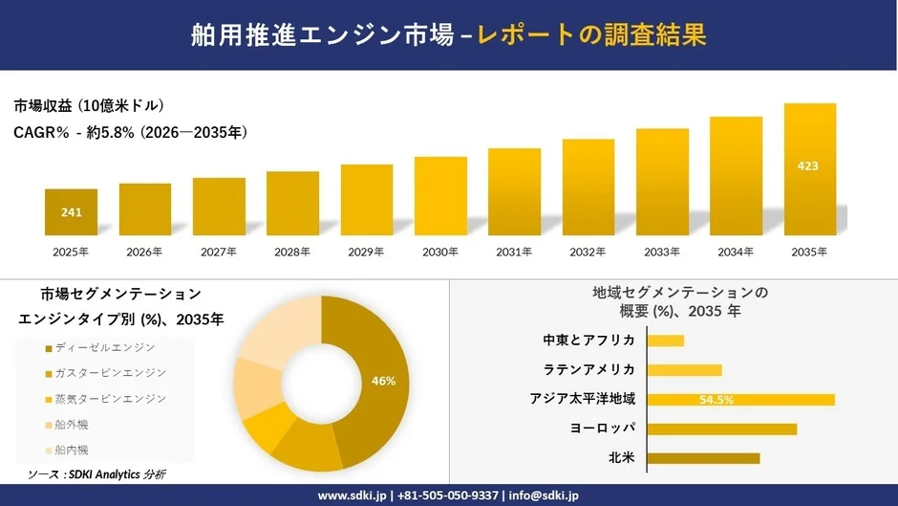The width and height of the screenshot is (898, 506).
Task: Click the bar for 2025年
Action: (x=71, y=212)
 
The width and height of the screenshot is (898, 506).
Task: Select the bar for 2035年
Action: (x=809, y=169)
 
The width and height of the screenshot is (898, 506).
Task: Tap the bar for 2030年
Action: (x=440, y=196)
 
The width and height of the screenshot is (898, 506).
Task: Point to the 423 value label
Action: (x=807, y=166)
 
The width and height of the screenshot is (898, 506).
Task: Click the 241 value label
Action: (x=71, y=212)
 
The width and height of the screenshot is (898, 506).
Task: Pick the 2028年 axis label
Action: (x=292, y=253)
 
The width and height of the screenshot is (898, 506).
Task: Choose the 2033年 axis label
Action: (x=662, y=253)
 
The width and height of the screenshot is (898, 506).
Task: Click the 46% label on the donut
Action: (x=383, y=381)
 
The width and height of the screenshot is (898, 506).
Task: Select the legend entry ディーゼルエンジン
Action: (x=104, y=347)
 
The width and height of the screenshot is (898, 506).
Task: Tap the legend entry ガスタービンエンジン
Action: (x=110, y=373)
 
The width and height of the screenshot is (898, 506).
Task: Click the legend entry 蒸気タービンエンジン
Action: (x=110, y=398)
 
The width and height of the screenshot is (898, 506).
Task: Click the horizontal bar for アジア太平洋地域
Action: (x=740, y=400)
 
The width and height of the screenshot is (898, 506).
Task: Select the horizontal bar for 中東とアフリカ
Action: (x=666, y=341)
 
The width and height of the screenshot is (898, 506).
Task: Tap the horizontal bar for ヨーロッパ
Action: (x=721, y=429)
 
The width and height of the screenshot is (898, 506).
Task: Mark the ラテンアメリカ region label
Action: (x=589, y=370)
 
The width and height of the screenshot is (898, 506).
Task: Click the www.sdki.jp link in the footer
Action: (x=351, y=495)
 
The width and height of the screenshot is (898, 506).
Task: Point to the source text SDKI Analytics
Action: (x=107, y=474)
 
